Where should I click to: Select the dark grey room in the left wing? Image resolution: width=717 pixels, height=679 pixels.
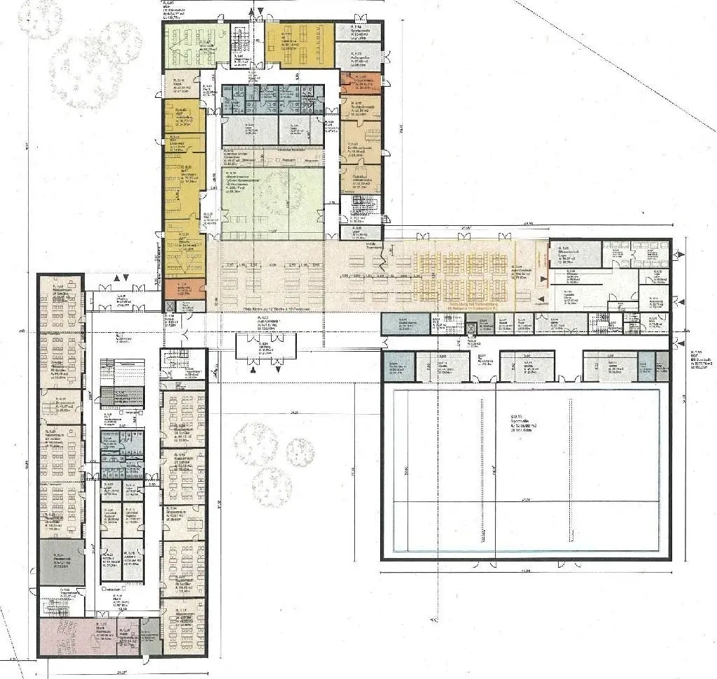[x=61, y=562]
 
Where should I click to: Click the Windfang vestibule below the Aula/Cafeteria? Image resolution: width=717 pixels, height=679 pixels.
[x=265, y=347]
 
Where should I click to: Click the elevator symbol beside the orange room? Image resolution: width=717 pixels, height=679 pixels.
[x=169, y=306]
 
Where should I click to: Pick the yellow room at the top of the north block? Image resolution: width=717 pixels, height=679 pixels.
[x=298, y=45]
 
